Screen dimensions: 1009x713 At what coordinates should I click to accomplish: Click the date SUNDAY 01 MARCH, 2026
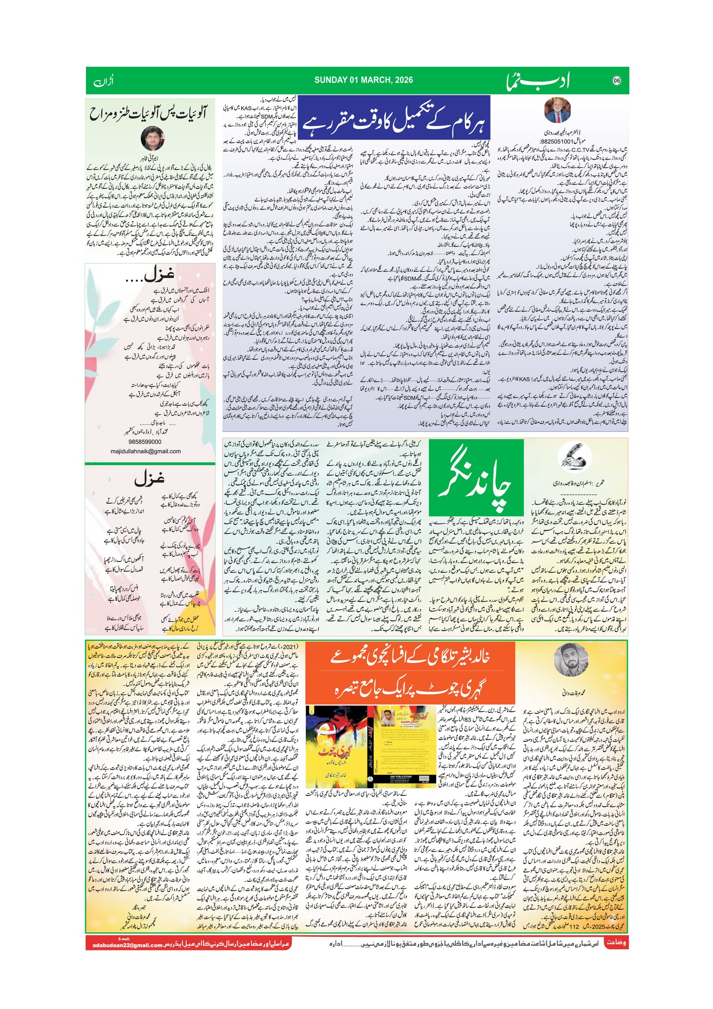[363, 80]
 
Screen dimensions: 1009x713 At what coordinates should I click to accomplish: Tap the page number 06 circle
[617, 81]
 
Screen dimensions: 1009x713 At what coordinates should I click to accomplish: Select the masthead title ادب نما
[537, 81]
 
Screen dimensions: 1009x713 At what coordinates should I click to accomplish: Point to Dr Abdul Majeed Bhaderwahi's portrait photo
[557, 110]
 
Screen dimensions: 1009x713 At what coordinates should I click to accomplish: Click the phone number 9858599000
[145, 441]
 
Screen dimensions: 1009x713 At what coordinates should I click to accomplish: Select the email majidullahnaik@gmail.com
[146, 451]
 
